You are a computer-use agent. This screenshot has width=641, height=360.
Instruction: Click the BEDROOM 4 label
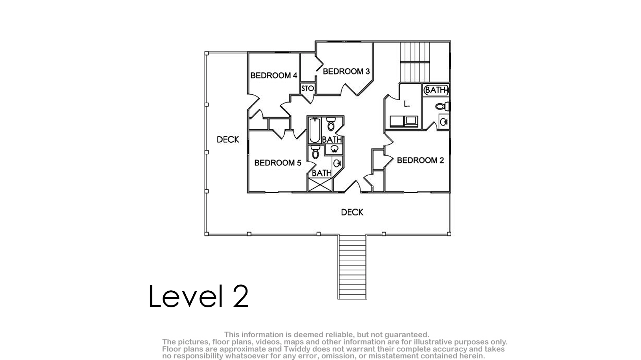(x=274, y=75)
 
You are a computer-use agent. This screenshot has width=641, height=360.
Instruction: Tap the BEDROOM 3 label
(x=346, y=71)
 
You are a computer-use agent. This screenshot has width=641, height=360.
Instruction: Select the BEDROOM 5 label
(x=278, y=163)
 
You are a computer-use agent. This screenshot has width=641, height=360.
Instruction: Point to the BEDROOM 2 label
(x=420, y=160)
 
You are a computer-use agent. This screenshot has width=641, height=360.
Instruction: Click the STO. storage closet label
(x=308, y=88)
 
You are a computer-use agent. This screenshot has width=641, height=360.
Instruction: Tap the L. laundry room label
(x=407, y=104)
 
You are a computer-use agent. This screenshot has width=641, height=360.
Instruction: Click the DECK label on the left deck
(x=228, y=140)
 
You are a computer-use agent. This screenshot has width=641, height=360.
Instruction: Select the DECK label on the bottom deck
(x=352, y=212)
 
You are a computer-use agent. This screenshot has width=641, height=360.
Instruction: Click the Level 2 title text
(x=198, y=296)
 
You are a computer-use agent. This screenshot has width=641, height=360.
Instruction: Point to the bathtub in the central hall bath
(x=315, y=130)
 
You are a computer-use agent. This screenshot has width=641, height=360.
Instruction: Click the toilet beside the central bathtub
(x=331, y=123)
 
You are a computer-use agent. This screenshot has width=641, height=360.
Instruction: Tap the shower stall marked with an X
(x=320, y=185)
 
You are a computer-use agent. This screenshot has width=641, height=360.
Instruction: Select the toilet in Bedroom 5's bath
(x=315, y=152)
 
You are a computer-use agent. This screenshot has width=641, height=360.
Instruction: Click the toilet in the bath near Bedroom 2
(x=442, y=107)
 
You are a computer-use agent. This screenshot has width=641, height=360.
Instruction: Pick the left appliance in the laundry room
(x=397, y=121)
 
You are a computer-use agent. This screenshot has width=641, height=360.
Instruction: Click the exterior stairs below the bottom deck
(x=352, y=267)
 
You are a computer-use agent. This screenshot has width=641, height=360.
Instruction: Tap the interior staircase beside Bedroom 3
(x=415, y=62)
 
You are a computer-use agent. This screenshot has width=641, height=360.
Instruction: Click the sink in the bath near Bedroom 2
(x=444, y=122)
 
